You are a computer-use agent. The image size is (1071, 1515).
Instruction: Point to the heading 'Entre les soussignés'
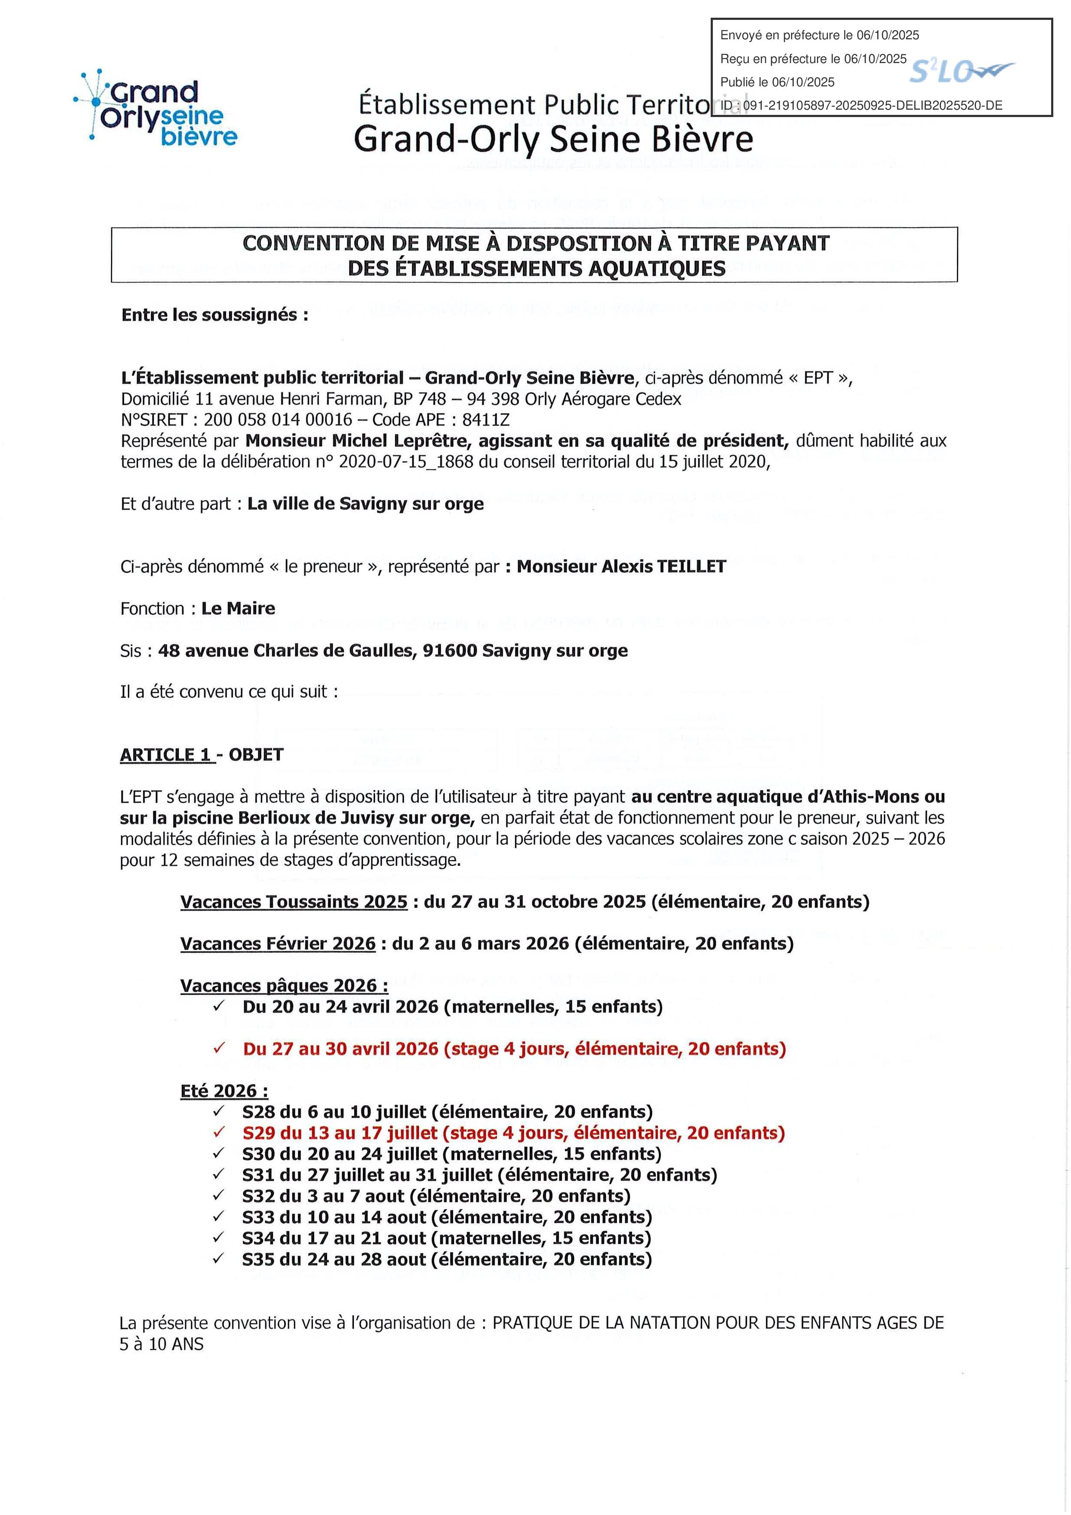click(x=214, y=315)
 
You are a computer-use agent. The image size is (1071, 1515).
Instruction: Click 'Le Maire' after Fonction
click(x=238, y=609)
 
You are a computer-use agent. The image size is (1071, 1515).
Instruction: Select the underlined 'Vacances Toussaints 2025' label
click(x=294, y=902)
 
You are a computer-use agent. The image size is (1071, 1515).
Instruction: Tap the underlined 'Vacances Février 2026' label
click(x=278, y=944)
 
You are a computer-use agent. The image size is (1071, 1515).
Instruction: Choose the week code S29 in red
click(x=258, y=1133)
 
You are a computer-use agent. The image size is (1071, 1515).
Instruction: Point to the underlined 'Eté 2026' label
click(x=224, y=1091)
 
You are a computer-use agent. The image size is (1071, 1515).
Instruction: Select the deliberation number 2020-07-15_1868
click(x=406, y=462)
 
